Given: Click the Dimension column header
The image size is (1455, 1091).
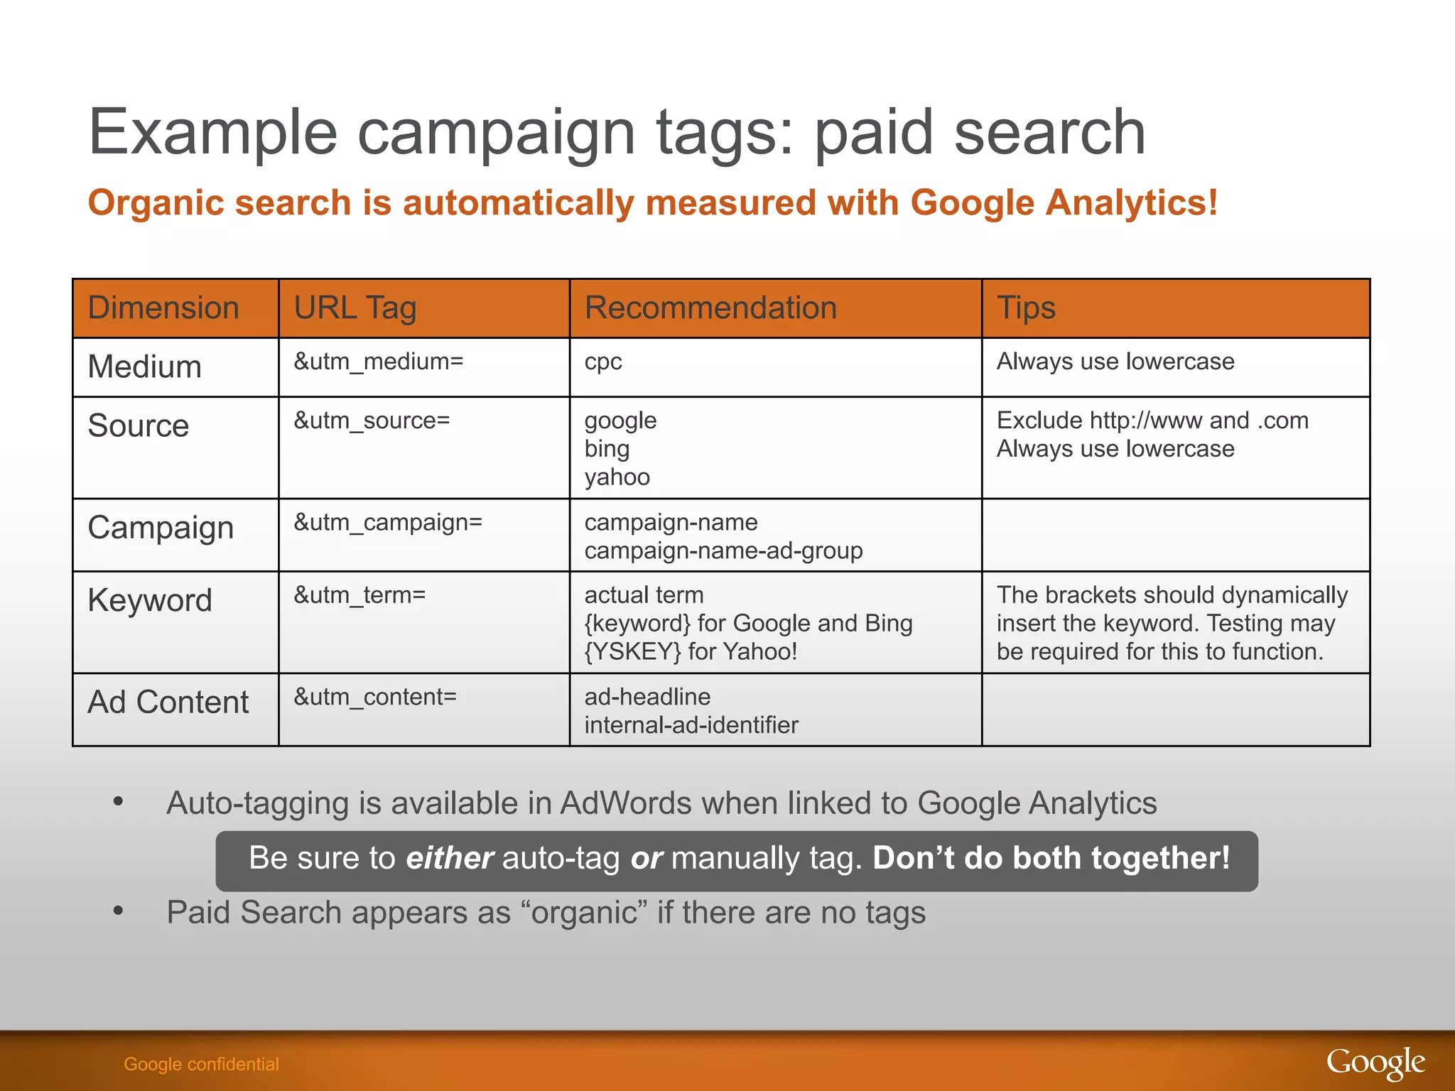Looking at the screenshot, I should pos(163,308).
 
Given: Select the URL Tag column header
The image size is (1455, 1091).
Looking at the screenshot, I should pos(355,308).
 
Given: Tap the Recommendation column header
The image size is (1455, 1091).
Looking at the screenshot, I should pos(710,308).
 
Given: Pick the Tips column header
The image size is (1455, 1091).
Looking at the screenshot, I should pos(1026,308).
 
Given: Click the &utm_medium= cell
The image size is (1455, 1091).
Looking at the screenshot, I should pos(379,362).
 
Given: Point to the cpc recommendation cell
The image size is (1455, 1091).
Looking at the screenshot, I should pos(603,362).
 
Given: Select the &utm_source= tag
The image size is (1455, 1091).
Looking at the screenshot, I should pos(372,420).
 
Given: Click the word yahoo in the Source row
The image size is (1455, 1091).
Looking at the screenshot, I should pos(617,477).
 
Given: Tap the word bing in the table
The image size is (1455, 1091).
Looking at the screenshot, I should pos(607,449).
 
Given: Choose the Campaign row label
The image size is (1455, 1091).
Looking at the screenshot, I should pos(161,528).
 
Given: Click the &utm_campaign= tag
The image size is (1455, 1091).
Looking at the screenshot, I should pos(388,523).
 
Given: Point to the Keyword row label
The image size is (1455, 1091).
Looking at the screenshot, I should pos(150,601).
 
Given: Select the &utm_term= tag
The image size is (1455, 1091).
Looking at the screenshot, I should pos(359,595).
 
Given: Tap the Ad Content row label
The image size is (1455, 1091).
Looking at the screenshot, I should pos(168,702).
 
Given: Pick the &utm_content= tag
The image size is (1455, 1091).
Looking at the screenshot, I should pos(375,697).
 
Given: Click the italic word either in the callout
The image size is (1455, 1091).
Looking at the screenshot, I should pos(449,858).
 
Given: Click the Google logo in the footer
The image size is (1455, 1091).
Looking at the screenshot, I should pos(1375,1063).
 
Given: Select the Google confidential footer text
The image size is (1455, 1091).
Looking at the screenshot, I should pos(201,1064).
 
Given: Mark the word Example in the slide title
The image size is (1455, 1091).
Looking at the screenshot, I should pos(212,133).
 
